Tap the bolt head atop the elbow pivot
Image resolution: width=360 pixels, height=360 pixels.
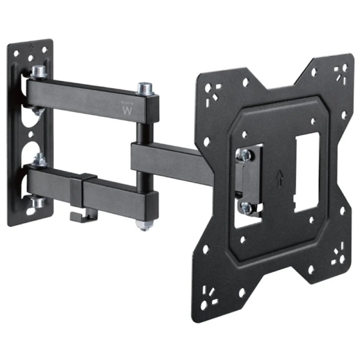click(145, 89)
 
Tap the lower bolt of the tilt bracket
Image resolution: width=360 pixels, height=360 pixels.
click(245, 207)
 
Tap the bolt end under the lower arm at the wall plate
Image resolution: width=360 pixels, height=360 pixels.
click(38, 202)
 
